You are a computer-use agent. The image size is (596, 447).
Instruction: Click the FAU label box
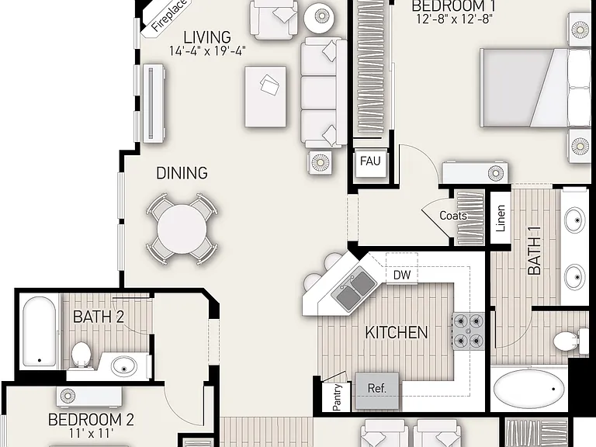371,164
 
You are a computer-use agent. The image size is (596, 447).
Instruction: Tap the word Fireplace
168,16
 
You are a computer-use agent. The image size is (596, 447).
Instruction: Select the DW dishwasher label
402,275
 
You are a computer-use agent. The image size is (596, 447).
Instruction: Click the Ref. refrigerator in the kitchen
377,391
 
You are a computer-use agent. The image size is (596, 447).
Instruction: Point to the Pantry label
337,397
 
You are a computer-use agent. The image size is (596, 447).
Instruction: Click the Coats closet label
453,216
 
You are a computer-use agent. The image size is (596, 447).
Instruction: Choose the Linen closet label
501,219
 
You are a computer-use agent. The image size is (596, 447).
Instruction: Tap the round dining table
182,229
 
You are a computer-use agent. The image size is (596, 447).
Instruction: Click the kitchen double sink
353,288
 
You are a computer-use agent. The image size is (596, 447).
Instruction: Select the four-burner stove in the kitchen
468,331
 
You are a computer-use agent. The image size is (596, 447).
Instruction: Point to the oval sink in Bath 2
124,366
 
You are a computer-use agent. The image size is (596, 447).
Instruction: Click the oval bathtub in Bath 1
528,389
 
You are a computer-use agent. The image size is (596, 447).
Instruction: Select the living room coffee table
265,96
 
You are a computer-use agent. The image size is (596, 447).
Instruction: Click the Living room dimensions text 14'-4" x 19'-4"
207,51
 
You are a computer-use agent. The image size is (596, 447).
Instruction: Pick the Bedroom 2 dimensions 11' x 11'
92,433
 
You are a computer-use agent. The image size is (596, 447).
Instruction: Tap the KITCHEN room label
397,333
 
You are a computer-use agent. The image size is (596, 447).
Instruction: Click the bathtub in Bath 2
40,331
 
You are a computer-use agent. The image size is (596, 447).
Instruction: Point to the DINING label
182,173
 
